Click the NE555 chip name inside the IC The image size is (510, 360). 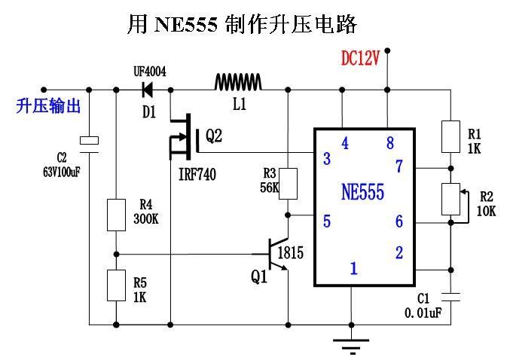pyautogui.click(x=363, y=192)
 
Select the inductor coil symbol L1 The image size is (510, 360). pyautogui.click(x=238, y=81)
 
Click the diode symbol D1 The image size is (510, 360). pyautogui.click(x=146, y=90)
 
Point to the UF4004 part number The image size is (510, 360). pyautogui.click(x=149, y=72)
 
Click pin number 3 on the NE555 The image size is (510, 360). pyautogui.click(x=326, y=159)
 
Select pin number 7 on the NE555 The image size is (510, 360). pyautogui.click(x=399, y=166)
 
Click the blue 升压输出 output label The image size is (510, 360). pyautogui.click(x=48, y=106)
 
